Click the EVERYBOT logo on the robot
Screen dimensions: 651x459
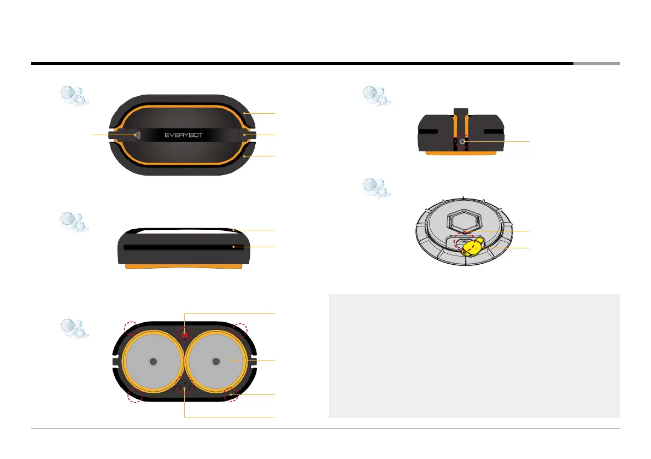click(x=183, y=135)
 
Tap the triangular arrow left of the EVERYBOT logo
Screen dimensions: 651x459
click(x=138, y=135)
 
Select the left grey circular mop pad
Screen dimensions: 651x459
click(x=153, y=361)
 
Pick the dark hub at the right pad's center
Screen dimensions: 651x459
click(x=216, y=361)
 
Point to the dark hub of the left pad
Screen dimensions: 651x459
click(x=153, y=361)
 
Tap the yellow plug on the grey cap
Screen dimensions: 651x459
click(x=472, y=248)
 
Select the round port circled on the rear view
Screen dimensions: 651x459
click(x=463, y=141)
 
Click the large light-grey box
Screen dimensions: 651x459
click(x=474, y=356)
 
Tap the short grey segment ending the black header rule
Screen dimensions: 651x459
click(x=596, y=63)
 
